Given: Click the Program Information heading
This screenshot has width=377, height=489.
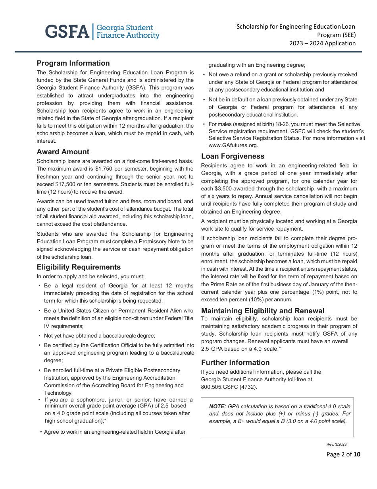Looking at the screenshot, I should pos(73,63).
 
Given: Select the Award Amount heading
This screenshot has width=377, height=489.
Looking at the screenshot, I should pos(63,152).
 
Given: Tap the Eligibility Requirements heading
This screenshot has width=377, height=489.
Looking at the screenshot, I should pos(79,267).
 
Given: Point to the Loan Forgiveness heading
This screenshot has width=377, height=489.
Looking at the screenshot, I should pos(233,156).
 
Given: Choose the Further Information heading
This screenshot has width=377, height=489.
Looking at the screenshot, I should pos(235,363).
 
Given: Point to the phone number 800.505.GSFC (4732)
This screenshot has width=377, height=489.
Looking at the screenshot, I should pos(229,387).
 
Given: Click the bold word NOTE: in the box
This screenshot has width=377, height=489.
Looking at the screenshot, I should pos(217,406).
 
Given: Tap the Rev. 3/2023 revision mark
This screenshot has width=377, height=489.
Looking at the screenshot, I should pos(337,444).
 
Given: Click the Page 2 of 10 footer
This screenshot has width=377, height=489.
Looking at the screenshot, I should pos(343,454).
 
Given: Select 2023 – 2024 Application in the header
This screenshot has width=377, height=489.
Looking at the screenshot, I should pos(322,43).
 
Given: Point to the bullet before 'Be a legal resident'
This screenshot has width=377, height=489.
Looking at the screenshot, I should pos(40,286).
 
